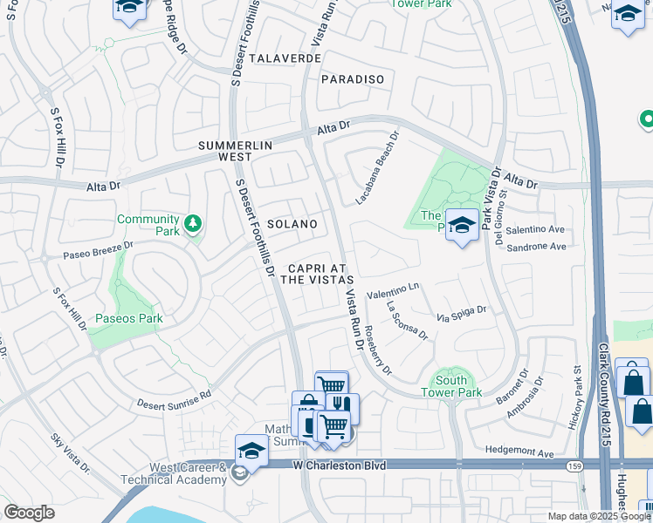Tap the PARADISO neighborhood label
click(353, 79)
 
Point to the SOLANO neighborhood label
click(292, 224)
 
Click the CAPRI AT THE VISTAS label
click(316, 274)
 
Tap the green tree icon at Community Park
click(193, 225)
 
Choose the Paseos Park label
click(128, 319)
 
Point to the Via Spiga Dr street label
click(462, 311)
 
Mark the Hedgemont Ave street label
click(519, 453)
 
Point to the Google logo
click(29, 513)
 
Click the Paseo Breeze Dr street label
click(97, 250)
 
